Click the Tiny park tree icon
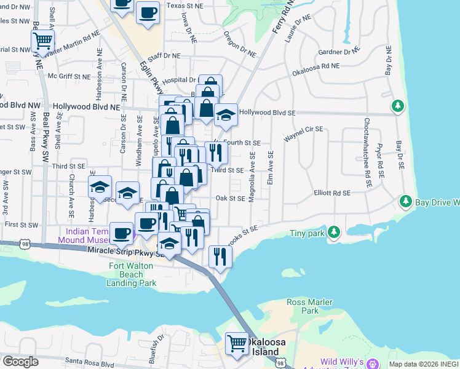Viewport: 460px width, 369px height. point(333,232)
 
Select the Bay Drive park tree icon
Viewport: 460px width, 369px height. point(405,201)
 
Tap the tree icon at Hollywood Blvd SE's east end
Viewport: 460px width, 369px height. point(398,106)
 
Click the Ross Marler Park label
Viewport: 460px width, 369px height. point(310,306)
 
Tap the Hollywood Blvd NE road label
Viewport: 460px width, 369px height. point(86,106)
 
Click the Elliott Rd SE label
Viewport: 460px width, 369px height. point(331,192)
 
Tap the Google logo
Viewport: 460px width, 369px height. point(20,362)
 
